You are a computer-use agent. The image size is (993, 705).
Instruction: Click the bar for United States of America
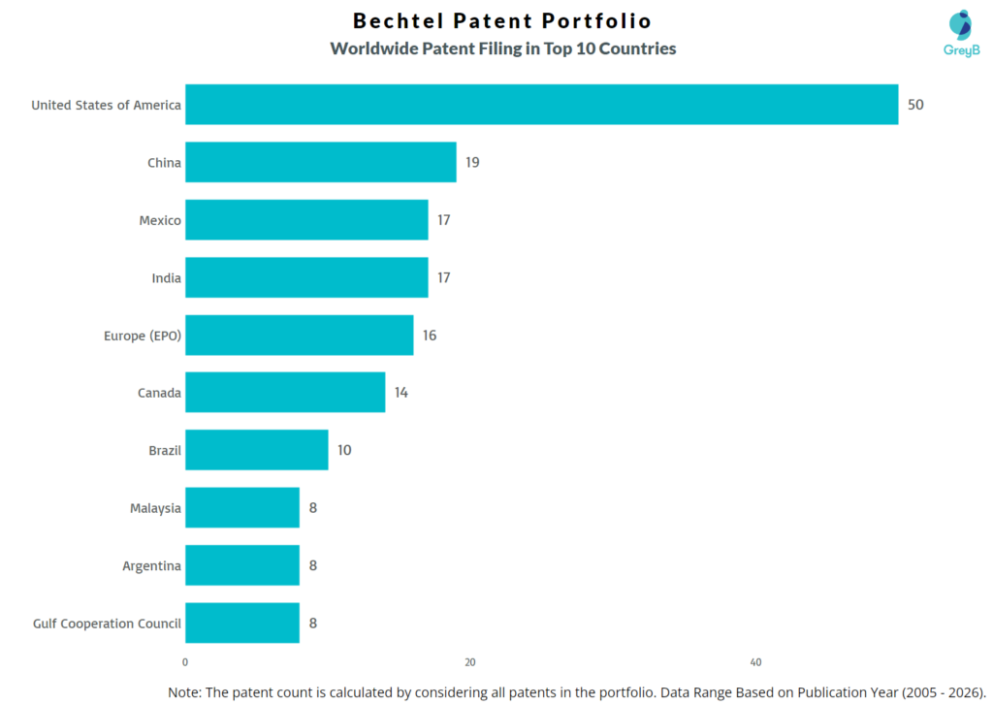541,105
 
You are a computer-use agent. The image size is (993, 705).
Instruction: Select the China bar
320,162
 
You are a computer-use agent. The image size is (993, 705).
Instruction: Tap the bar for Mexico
306,220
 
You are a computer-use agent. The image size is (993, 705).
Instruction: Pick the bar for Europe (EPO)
299,336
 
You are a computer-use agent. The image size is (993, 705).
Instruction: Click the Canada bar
285,393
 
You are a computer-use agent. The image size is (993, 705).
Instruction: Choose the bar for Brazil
256,450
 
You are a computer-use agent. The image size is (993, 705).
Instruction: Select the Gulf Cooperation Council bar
242,623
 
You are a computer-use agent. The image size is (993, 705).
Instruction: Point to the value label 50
915,105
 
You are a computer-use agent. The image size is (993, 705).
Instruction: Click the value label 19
472,162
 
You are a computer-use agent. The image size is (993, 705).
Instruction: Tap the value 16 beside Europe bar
430,336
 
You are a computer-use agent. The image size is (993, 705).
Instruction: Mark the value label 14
401,393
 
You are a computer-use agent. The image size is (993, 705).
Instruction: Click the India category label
166,278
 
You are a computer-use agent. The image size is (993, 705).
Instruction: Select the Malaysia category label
155,508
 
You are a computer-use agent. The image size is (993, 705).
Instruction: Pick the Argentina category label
151,565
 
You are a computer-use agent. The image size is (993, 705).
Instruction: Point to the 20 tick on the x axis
470,662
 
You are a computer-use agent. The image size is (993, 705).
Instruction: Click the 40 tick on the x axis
755,662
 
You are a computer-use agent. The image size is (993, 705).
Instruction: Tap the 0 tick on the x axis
185,662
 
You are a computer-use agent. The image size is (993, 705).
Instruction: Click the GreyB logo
960,33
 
